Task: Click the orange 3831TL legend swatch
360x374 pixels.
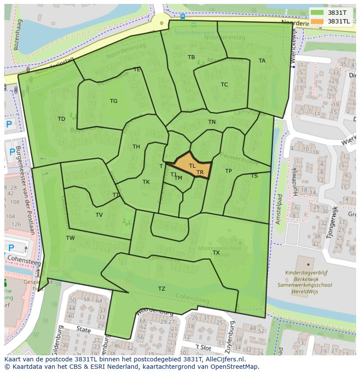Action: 317,21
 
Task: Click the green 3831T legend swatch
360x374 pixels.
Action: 317,13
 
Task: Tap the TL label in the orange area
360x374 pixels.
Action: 192,166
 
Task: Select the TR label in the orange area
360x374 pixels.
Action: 200,172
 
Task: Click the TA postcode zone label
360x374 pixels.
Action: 262,61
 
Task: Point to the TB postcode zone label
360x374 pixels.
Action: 191,57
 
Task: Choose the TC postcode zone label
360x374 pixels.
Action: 224,85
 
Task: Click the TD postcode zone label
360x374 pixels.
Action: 61,119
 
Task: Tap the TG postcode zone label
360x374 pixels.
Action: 113,101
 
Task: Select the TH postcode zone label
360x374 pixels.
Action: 136,147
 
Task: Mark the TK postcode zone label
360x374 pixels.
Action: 146,182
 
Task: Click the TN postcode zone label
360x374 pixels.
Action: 212,122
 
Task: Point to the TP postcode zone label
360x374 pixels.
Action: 228,171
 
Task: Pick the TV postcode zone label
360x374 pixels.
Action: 99,215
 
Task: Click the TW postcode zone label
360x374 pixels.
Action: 70,238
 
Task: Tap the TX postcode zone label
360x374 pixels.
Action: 216,253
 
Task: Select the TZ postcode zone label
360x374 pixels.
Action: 162,289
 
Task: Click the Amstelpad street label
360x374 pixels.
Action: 279,209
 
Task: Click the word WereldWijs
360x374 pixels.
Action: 305,291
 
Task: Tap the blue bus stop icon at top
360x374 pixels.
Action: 182,17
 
